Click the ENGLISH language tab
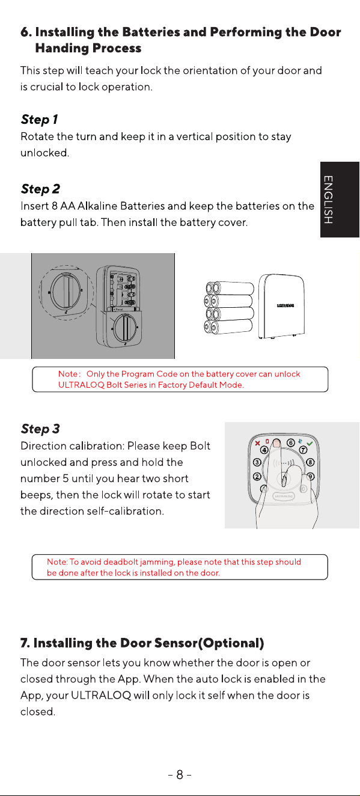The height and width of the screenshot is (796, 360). click(340, 200)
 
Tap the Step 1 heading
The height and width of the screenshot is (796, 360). click(39, 120)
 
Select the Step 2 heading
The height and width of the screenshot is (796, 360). click(40, 189)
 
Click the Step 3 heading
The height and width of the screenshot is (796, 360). click(40, 429)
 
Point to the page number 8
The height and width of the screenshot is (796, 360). click(180, 774)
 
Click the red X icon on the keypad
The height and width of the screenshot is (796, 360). click(258, 443)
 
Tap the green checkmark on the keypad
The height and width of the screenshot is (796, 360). click(310, 444)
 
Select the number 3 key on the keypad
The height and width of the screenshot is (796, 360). click(257, 462)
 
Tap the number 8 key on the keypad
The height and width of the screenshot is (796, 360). click(310, 462)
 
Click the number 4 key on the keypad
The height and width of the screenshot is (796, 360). click(264, 450)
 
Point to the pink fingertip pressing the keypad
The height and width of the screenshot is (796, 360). click(276, 443)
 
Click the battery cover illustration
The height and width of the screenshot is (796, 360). click(281, 306)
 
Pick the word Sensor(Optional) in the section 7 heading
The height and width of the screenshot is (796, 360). click(209, 643)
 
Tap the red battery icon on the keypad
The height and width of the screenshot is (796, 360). click(267, 442)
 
